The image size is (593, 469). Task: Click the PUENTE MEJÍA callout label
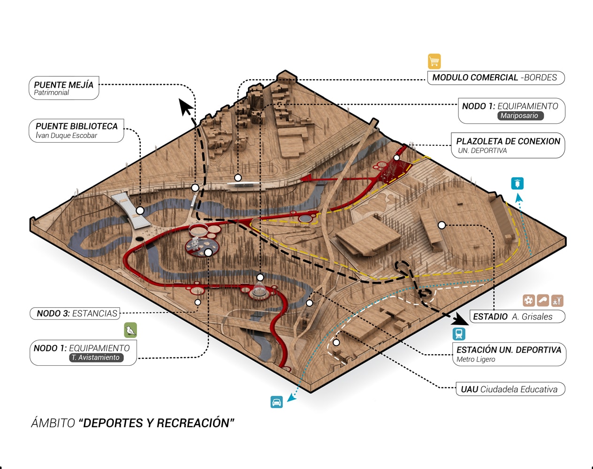pos(64,88)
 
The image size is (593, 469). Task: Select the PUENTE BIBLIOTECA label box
pos(76,130)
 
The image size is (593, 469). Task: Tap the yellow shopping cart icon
pos(434,61)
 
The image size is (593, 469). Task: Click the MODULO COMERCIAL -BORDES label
pos(495,78)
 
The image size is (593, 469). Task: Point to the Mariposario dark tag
pos(520,116)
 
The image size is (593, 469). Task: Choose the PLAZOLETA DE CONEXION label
pos(508,145)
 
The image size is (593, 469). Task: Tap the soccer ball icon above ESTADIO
pos(529,300)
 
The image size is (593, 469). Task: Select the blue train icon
pos(459,334)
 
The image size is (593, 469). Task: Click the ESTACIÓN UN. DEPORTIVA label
pos(509,354)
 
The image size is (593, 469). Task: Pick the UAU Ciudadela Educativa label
pos(509,389)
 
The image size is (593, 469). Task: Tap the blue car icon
pos(277,402)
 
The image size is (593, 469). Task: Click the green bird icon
pos(130,330)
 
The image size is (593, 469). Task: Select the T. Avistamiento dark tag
pos(97,357)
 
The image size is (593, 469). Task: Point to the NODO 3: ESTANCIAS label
pos(75,313)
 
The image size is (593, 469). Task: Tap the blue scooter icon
pos(517,183)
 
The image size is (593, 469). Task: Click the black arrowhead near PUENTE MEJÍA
pos(186,107)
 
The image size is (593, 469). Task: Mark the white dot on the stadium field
pos(441,225)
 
